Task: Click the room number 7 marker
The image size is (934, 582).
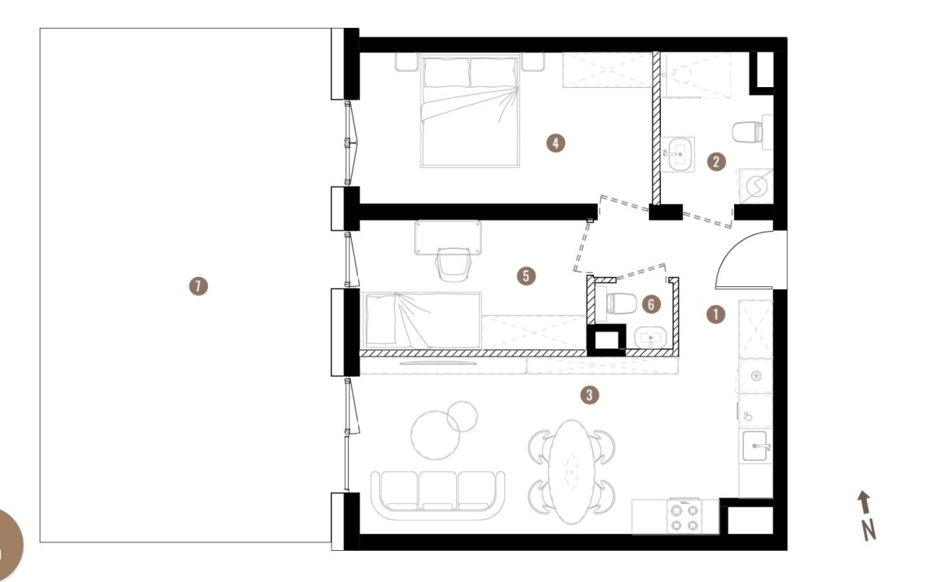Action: [198, 286]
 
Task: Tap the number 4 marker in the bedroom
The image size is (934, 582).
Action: [556, 143]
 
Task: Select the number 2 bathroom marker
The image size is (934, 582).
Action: [716, 162]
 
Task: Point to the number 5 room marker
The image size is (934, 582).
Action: [526, 276]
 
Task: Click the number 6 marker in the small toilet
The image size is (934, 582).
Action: [651, 304]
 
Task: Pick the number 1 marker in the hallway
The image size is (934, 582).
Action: [716, 314]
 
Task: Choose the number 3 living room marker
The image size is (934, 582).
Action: [590, 394]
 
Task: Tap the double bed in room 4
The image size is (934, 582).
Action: [470, 110]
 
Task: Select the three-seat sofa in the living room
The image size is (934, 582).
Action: [437, 496]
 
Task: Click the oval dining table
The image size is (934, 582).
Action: [571, 472]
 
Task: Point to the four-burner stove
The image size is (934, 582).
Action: [684, 517]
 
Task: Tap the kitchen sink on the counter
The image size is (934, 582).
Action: [755, 446]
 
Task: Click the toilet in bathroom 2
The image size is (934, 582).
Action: [749, 131]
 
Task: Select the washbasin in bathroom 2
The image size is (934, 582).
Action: [678, 154]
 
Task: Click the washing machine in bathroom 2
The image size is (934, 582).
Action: [756, 186]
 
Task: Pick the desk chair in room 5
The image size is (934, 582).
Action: [453, 265]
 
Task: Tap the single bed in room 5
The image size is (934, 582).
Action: [423, 321]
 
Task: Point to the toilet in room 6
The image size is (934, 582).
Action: [620, 303]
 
